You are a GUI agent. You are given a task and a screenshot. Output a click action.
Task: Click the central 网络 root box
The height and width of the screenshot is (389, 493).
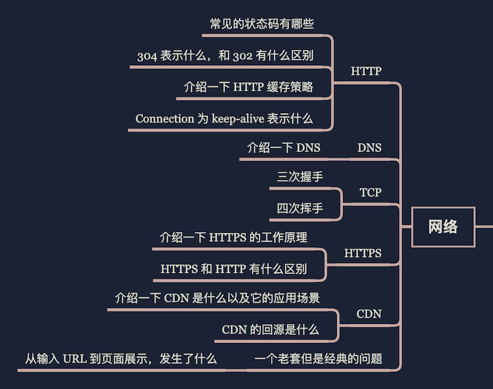pos(443,227)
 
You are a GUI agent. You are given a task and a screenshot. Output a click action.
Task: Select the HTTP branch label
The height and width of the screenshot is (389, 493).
pos(366,71)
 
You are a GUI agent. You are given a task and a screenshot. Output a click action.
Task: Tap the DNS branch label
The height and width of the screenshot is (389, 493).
pos(369,148)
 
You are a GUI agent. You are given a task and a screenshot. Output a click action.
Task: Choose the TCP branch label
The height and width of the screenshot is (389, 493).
pos(370,192)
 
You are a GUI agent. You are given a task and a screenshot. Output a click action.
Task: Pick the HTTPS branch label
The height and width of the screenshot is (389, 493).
pos(363,253)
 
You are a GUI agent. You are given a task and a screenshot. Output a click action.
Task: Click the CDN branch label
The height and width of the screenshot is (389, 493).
pos(369,314)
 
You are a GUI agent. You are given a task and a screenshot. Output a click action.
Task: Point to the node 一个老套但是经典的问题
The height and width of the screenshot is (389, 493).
pos(318,358)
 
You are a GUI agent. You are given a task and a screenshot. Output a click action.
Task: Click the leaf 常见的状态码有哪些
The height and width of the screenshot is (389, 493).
pos(262,24)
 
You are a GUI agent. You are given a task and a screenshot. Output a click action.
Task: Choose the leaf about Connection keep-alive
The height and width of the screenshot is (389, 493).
pos(224,118)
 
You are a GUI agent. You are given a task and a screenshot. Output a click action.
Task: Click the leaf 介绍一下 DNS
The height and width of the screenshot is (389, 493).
pos(283,148)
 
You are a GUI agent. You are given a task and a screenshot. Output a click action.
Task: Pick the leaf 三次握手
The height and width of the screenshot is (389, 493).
pos(300,177)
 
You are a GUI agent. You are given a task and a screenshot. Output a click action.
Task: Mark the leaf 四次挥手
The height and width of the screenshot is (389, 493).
pos(300,208)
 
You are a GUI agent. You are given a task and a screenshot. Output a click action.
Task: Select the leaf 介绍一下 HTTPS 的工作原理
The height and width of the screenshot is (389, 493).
pos(233,238)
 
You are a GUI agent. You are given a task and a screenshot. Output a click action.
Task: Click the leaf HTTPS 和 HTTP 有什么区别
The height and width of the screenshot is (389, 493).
pos(233,269)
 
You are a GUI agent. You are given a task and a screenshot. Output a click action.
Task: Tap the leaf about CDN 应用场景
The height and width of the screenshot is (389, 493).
pos(217,299)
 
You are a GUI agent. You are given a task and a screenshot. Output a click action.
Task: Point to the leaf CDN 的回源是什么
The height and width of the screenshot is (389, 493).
pos(270,329)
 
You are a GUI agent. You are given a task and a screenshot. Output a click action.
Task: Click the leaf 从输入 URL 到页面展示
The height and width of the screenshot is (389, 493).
pos(121,358)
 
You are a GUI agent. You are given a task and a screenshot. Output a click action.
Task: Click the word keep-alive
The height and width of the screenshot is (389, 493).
pos(238,118)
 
